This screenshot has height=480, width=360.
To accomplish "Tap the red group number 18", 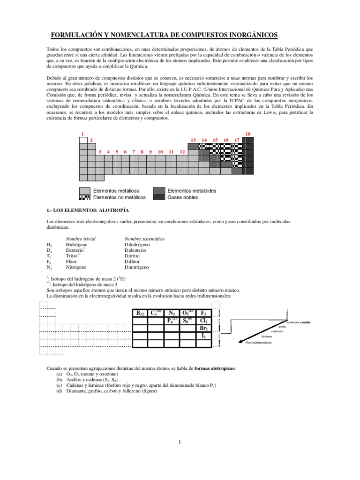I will coord(248,134).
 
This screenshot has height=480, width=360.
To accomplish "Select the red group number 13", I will coord(193,140).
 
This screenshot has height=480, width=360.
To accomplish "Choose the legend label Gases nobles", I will coord(182,197).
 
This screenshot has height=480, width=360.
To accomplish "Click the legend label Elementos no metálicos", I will coord(119,197).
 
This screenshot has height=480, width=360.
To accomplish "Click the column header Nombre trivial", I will coord(81,239).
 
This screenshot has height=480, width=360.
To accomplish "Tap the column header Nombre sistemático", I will coord(144,239).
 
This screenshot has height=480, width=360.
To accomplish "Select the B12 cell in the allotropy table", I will coord(139,313).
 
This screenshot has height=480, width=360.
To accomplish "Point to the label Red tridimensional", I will coord(259,343).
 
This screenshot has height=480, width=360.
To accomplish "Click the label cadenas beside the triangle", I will coord(277,331).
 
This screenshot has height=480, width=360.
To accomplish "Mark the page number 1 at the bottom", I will coord(180,442).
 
